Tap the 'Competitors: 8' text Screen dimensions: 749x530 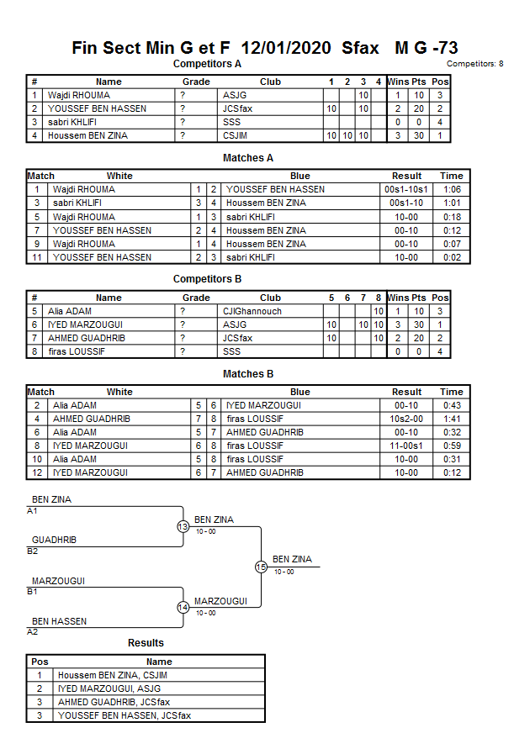[475, 64]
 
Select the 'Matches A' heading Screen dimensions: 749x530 [248, 158]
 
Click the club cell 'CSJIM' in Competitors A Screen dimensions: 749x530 [236, 135]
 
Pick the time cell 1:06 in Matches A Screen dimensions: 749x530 [452, 189]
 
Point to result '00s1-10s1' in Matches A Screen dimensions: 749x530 [406, 189]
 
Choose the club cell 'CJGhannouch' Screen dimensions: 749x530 [252, 311]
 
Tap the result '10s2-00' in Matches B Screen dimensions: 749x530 [406, 419]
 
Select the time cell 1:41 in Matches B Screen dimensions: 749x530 [452, 419]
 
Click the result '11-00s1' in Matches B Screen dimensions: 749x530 [406, 446]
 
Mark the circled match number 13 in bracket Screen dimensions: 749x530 [183, 527]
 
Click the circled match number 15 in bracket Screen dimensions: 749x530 [261, 567]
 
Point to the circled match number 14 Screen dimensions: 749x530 [183, 608]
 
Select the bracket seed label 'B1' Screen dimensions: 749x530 [33, 592]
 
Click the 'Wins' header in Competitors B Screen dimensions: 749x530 [398, 298]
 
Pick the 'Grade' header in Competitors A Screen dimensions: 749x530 [196, 82]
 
